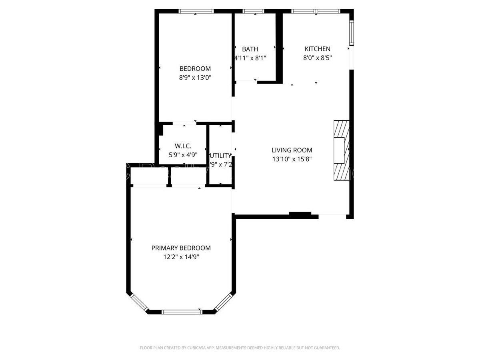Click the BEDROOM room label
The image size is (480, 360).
[x=195, y=68]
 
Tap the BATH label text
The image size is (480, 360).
[x=250, y=49]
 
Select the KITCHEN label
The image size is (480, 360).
[x=317, y=49]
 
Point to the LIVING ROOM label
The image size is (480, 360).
[x=292, y=150]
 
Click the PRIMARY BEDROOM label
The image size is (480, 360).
[x=181, y=248]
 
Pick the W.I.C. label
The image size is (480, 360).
[x=183, y=146]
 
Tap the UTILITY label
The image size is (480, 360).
[x=220, y=155]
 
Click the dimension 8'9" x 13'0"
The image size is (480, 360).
[x=195, y=78]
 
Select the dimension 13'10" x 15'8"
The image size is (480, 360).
[x=292, y=159]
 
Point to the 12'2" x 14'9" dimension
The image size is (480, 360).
[x=181, y=257]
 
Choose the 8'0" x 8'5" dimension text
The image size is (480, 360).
[x=317, y=58]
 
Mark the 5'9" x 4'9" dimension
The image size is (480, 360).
[x=183, y=155]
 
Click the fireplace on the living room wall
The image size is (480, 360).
[x=341, y=150]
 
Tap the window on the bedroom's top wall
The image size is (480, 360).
[x=196, y=11]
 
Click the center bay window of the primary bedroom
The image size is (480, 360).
[x=182, y=312]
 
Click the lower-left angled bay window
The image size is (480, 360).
[x=139, y=303]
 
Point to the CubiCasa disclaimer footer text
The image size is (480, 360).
[x=240, y=348]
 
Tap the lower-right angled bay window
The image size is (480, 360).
[x=224, y=302]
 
